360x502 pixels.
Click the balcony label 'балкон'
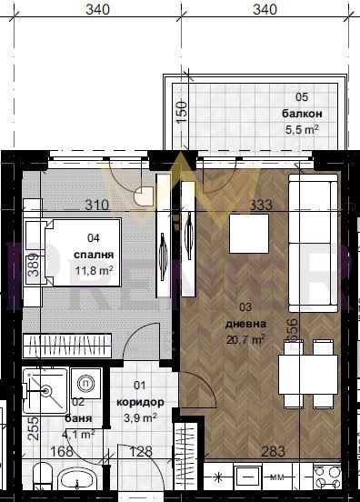tap(302, 114)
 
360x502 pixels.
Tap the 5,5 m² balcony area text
tap(302, 129)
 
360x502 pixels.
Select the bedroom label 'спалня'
tap(93, 255)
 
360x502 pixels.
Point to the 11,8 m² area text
tap(93, 270)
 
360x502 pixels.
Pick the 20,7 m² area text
tap(245, 339)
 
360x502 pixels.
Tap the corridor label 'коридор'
tap(140, 402)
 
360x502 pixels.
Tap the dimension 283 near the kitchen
tap(273, 451)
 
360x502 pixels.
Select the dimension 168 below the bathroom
tap(61, 451)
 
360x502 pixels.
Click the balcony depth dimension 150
tap(181, 114)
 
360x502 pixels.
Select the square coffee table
tap(250, 234)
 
